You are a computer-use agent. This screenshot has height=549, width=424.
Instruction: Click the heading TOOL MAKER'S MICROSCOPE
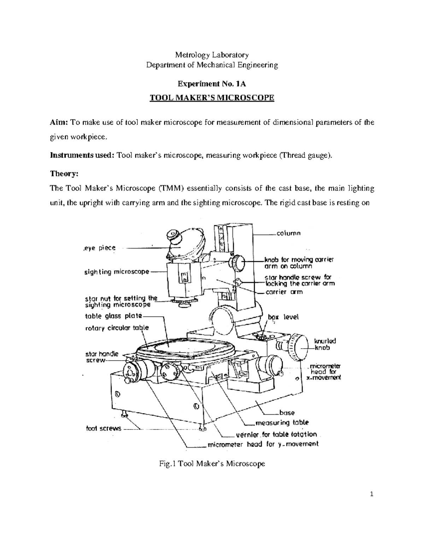[x=212, y=98]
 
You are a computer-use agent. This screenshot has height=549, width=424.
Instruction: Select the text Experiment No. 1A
[x=212, y=84]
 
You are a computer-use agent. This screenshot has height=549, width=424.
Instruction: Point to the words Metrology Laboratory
[x=212, y=55]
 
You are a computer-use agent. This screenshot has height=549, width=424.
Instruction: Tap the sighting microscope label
[x=117, y=272]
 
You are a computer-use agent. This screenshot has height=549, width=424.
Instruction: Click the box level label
[x=283, y=317]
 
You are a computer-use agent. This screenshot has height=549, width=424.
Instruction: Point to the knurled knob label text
[x=325, y=344]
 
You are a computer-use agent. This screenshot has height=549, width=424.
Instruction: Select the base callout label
[x=287, y=412]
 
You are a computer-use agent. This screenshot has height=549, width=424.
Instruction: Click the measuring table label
[x=282, y=422]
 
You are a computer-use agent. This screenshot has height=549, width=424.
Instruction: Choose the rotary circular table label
[x=117, y=328]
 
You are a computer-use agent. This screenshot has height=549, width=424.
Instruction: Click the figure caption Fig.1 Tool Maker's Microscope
[x=212, y=463]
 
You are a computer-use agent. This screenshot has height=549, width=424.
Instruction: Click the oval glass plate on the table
[x=177, y=346]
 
